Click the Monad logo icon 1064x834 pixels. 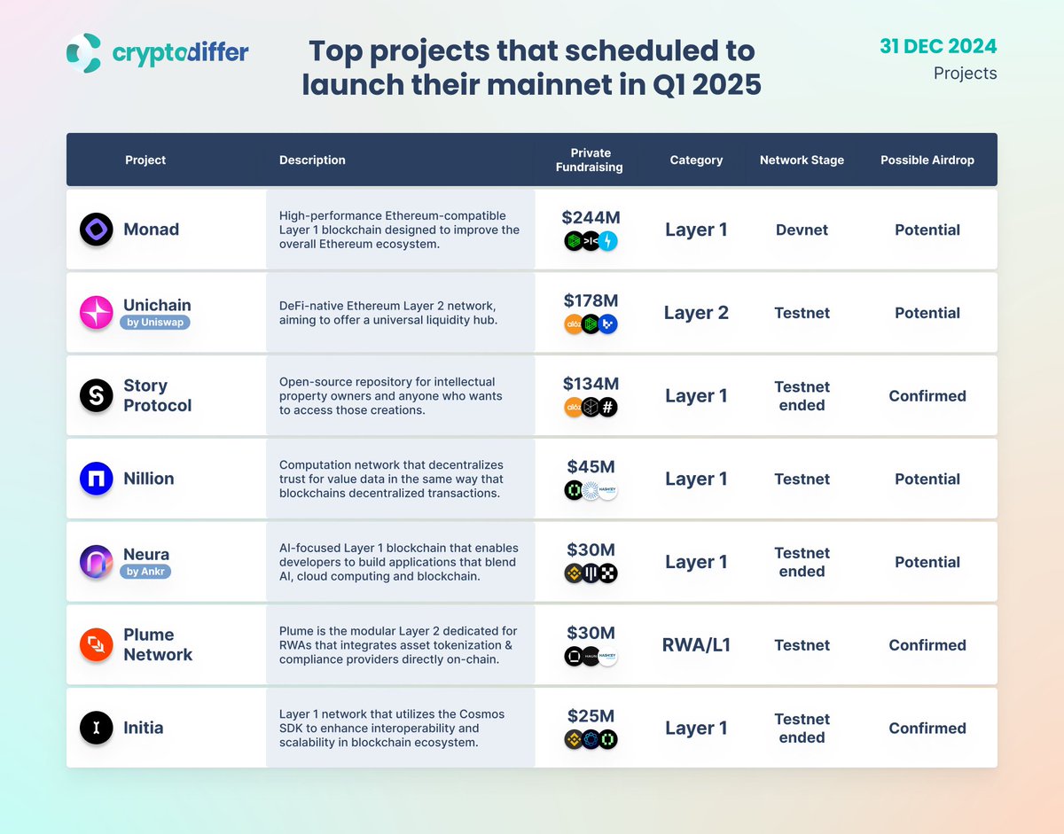tap(96, 230)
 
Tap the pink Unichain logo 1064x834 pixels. tap(96, 313)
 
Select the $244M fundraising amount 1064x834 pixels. tap(590, 217)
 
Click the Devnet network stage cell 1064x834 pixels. tap(802, 230)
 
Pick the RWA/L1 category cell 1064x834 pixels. tap(696, 645)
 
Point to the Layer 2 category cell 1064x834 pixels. tap(696, 313)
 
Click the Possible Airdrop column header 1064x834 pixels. tap(927, 160)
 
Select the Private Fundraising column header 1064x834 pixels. tap(590, 160)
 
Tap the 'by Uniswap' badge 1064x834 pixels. tap(155, 323)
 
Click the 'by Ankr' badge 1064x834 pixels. tap(145, 572)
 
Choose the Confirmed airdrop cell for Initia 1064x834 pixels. tap(927, 729)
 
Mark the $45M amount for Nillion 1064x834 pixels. tap(590, 467)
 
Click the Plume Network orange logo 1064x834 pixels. tap(96, 645)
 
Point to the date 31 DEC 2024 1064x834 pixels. tap(938, 46)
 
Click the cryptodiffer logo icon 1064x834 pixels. tap(85, 52)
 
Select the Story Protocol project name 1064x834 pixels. tap(158, 395)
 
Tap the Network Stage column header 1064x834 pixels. tap(802, 160)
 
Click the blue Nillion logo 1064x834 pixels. tap(96, 479)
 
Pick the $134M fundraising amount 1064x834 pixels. tap(590, 384)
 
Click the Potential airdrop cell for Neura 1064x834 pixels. tap(927, 562)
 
